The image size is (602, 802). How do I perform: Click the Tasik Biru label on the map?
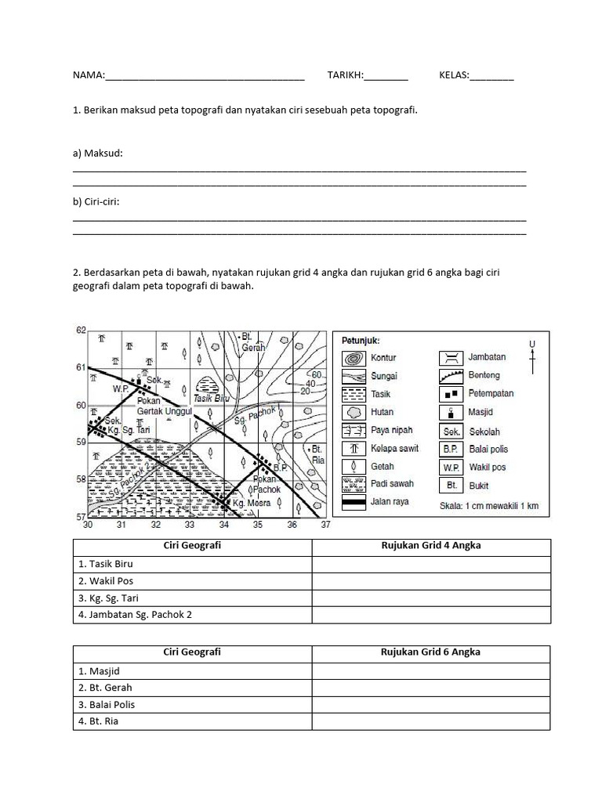click(209, 398)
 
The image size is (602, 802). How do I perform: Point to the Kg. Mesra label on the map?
click(248, 503)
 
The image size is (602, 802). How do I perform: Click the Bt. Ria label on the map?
click(317, 455)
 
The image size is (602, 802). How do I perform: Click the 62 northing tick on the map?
click(79, 331)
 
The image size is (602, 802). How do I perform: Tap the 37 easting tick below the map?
click(325, 525)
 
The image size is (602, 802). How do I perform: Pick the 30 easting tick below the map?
click(88, 525)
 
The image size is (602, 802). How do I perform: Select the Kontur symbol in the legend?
click(353, 357)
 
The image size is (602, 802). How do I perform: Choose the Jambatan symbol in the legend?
click(450, 357)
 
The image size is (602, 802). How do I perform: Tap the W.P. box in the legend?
click(450, 468)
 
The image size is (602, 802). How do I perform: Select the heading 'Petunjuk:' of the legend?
click(361, 341)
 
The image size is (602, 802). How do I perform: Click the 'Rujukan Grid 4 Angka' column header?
click(430, 546)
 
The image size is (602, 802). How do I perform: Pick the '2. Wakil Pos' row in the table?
click(192, 581)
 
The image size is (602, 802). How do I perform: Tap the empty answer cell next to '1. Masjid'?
click(430, 670)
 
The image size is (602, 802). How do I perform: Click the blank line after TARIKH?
click(386, 76)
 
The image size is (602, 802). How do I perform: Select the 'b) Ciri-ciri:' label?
click(96, 201)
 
